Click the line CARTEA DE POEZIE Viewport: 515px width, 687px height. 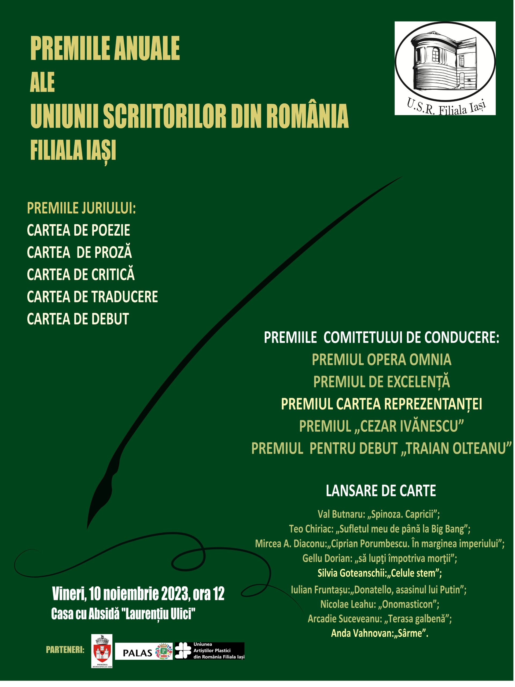pos(78,231)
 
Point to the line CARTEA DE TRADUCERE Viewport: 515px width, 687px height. pos(92,297)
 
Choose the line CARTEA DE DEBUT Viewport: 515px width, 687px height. pos(78,319)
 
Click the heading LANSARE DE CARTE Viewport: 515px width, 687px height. pos(381,491)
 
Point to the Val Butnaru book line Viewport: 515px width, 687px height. pos(378,514)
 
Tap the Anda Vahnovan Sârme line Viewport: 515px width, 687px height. pos(379,633)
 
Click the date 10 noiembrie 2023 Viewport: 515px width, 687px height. pos(139,594)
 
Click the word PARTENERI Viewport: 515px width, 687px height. pos(65,650)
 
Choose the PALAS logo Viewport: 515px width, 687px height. pos(144,651)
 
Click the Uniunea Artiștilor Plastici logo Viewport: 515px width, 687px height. pos(210,651)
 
